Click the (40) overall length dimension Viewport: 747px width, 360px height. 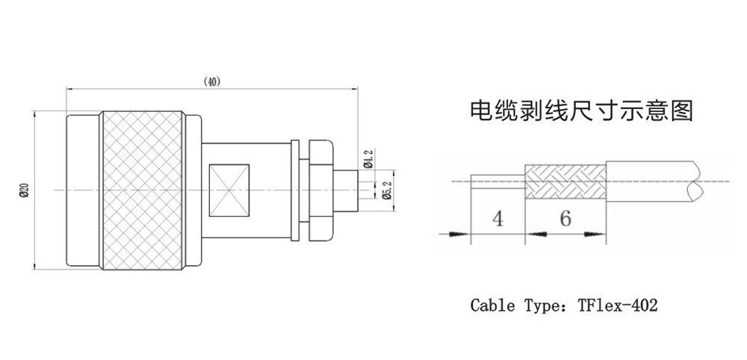[212, 81]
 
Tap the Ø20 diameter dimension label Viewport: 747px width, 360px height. [24, 190]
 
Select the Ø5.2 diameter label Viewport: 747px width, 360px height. [385, 190]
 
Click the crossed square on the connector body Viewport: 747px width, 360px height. [229, 189]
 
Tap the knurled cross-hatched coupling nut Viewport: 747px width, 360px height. [142, 190]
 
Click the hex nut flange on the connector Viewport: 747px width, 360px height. [317, 190]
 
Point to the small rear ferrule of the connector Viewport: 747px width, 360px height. [346, 190]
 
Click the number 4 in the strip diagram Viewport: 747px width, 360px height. [498, 219]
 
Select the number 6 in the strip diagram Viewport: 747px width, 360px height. [565, 219]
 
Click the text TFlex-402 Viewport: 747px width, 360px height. [617, 305]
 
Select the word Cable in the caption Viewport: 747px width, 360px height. [492, 305]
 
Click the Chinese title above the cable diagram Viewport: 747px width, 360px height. [581, 111]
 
